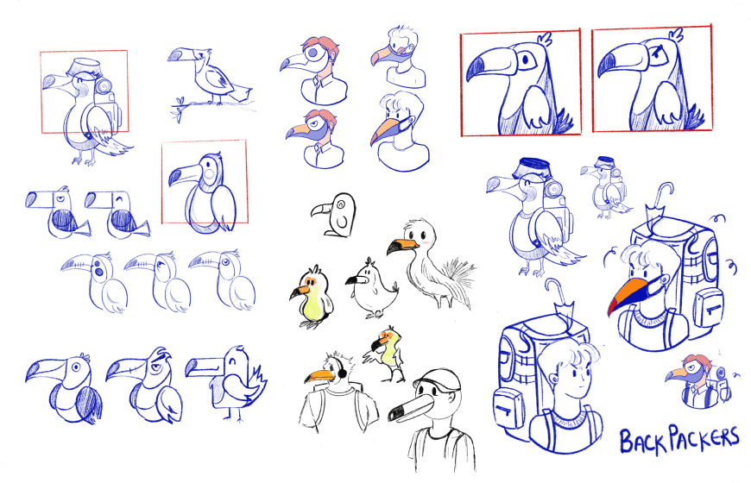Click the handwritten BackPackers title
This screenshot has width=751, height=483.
(678, 439)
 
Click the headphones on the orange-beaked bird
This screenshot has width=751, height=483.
(342, 371)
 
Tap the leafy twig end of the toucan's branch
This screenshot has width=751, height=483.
(178, 110)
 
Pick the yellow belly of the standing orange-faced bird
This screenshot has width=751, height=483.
(312, 306)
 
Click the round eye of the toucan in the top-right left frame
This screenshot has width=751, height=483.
(526, 60)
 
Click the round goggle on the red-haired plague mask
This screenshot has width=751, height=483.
(312, 52)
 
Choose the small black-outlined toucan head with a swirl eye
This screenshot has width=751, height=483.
(334, 214)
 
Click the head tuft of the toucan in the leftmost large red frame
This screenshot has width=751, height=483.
(546, 39)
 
